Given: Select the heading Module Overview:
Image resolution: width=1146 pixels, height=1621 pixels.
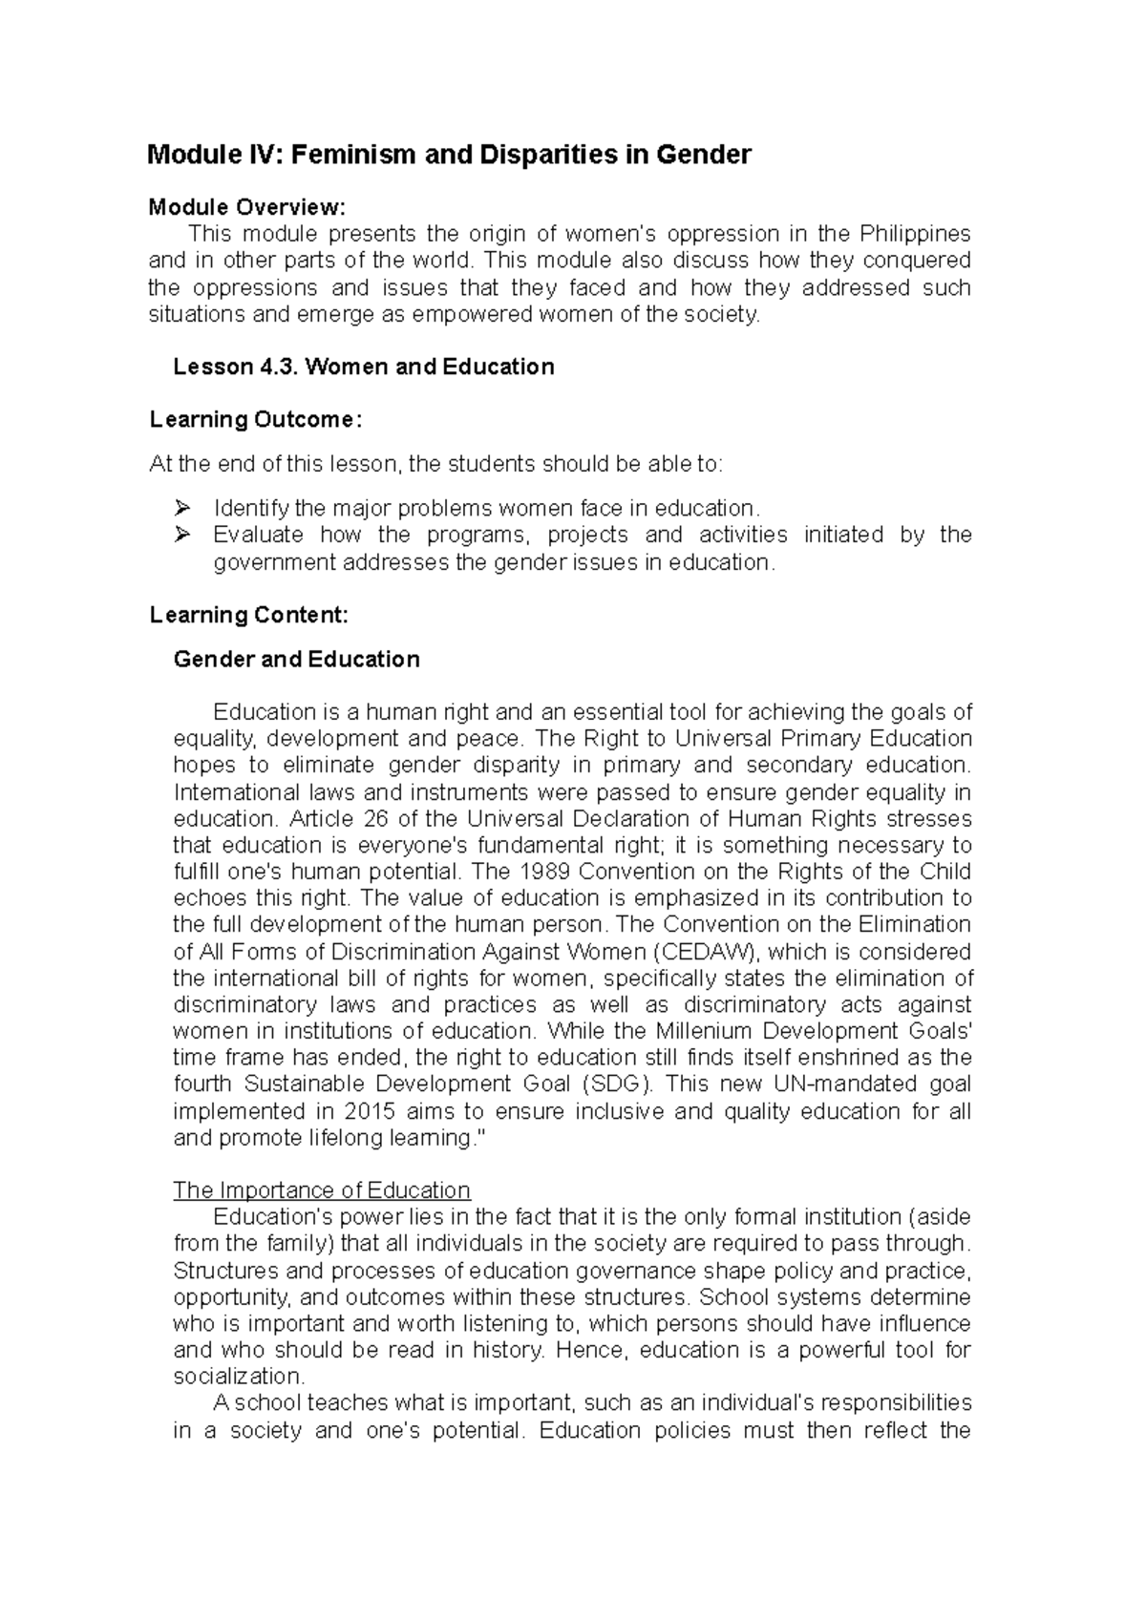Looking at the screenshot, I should tap(244, 207).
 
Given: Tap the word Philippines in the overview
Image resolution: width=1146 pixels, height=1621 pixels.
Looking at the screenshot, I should tap(915, 234).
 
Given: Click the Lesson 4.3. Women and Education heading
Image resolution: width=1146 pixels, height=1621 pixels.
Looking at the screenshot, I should tap(363, 367).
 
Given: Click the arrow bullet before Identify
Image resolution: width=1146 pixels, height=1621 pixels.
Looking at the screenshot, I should tap(184, 508).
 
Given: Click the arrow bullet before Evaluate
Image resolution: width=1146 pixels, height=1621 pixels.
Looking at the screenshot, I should tap(184, 535).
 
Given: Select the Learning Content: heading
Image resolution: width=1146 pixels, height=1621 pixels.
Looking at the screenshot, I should tap(249, 616).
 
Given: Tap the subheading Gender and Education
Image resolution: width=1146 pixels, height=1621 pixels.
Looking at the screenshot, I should tap(296, 660).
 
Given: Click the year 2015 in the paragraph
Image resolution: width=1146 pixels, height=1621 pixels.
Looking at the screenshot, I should tap(370, 1111).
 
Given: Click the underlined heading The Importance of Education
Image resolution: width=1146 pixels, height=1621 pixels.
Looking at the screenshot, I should tap(322, 1190).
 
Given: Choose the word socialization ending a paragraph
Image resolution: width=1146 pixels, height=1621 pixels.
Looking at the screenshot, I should tap(238, 1377).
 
